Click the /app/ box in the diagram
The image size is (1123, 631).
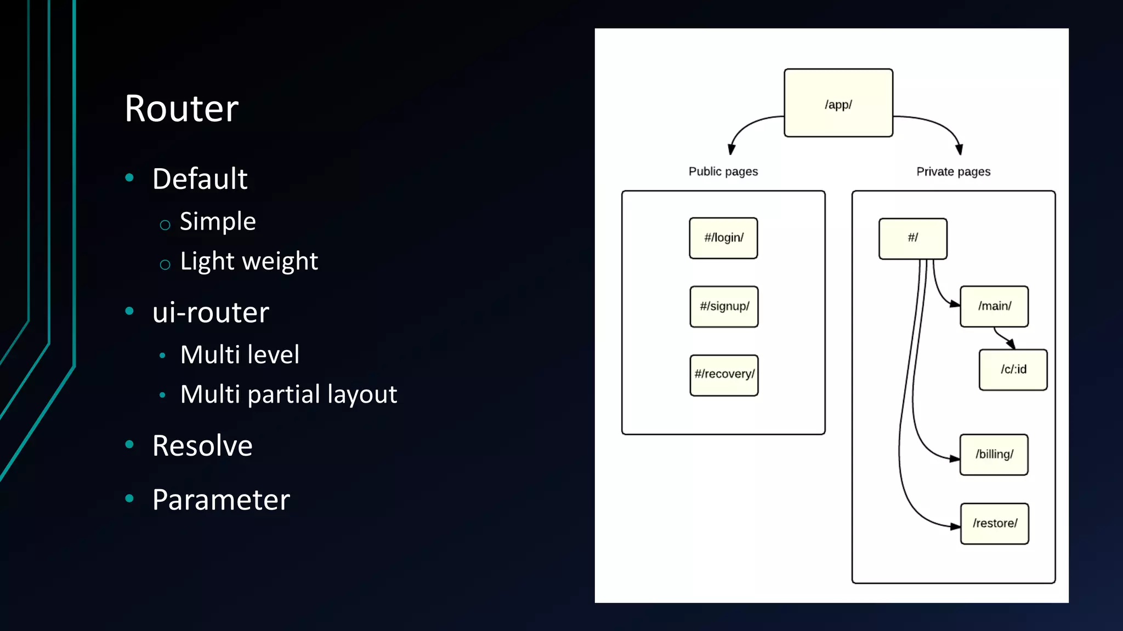pos(838,103)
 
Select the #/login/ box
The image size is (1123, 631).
pos(723,238)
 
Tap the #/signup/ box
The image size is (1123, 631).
pos(724,307)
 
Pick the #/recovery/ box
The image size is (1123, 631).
pos(724,375)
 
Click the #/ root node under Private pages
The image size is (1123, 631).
pos(912,238)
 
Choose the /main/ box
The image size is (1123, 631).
pos(994,307)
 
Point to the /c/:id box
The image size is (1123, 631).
pos(1013,370)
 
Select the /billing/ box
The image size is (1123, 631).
pos(994,455)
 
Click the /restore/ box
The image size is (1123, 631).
pos(994,524)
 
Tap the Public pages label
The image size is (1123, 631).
pos(723,171)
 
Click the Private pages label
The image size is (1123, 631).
pos(953,171)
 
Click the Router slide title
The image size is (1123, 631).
pos(182,108)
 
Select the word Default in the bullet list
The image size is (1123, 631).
pos(200,179)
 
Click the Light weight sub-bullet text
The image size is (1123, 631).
pos(248,261)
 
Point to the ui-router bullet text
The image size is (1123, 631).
pos(211,313)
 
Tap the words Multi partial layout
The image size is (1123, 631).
pos(288,394)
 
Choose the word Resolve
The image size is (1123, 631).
pos(202,446)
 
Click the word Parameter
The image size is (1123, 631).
pos(221,500)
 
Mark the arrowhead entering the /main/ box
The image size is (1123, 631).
pos(955,304)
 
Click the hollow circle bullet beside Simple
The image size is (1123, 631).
pos(165,225)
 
